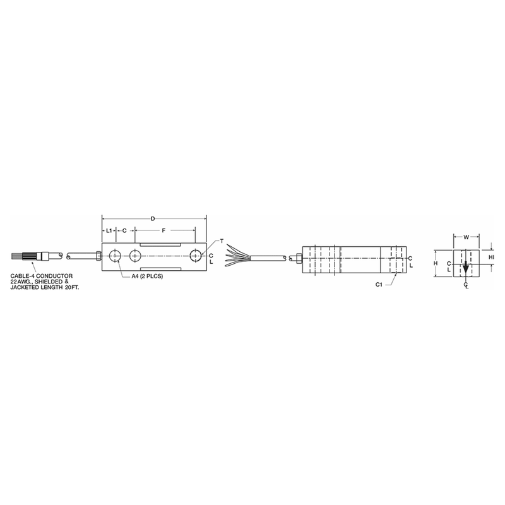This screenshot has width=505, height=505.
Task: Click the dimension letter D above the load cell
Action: [153, 218]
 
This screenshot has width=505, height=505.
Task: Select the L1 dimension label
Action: [109, 231]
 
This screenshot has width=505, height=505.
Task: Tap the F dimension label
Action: [163, 231]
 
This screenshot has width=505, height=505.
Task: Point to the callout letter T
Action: [222, 242]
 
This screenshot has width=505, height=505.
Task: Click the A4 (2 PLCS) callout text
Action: [144, 276]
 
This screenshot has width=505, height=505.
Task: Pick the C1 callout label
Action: [379, 285]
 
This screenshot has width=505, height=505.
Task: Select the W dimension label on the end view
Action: [465, 237]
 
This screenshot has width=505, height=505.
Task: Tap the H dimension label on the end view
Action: [436, 263]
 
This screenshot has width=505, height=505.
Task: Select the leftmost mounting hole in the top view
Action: [115, 256]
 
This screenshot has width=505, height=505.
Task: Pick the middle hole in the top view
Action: [135, 256]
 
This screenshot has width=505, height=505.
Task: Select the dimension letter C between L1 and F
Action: [124, 231]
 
